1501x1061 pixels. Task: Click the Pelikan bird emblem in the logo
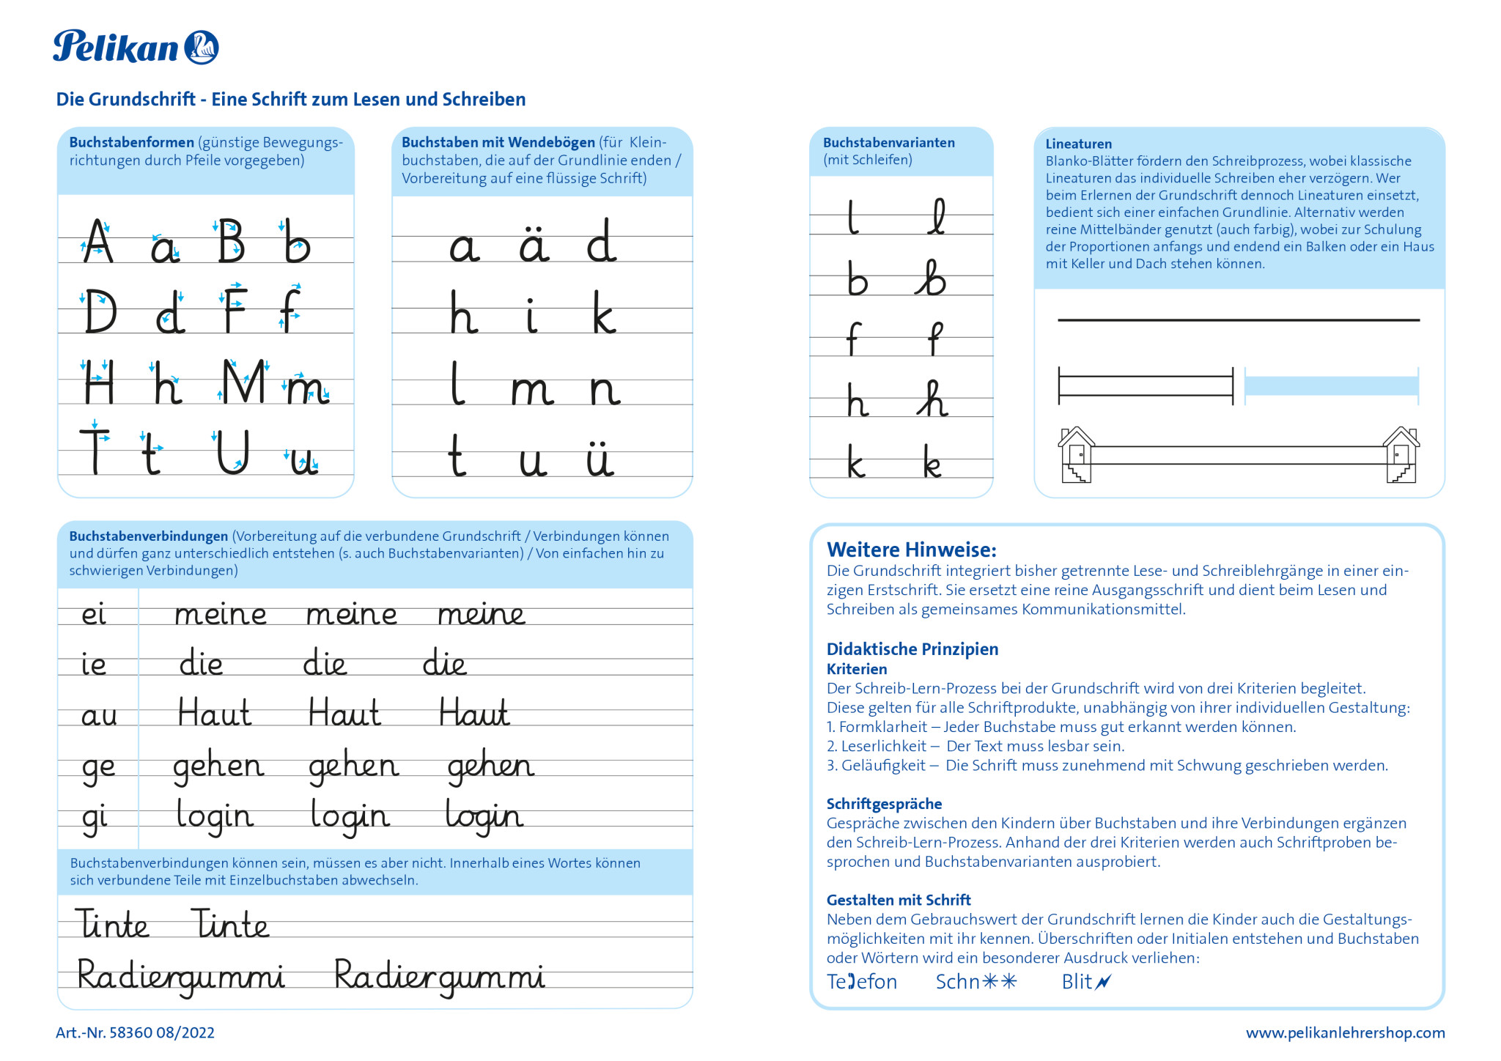201,48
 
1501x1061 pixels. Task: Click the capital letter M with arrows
244,382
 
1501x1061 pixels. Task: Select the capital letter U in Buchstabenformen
233,452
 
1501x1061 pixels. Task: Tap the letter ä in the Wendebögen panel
534,244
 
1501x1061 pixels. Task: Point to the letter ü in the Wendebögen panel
600,459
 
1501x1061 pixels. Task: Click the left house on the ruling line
1076,455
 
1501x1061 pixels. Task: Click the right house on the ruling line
1401,455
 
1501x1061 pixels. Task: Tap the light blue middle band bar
1331,386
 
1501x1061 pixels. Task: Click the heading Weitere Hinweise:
911,550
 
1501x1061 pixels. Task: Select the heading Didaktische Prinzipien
912,649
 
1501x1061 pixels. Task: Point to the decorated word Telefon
861,982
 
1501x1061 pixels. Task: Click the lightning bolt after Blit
1103,982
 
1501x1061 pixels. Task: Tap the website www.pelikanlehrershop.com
1345,1033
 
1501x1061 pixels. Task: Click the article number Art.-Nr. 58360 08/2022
135,1033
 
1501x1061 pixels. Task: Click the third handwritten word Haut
473,713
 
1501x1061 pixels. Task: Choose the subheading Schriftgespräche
884,804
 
